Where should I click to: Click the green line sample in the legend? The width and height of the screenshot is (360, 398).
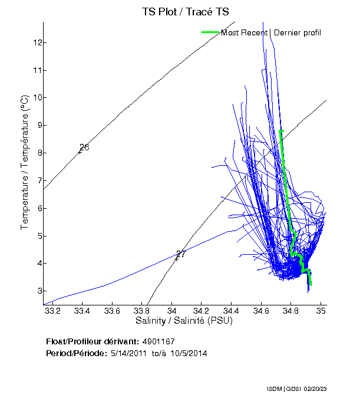point(210,32)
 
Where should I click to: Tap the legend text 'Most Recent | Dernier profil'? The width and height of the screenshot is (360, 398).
point(271,32)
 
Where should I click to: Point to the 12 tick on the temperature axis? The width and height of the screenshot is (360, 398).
point(37,42)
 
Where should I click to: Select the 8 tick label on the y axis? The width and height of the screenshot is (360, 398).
point(37,153)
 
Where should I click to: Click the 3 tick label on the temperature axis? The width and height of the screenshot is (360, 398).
point(37,291)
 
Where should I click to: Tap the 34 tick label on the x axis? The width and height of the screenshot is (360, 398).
point(171,310)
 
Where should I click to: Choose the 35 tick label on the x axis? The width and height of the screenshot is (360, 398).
point(321,310)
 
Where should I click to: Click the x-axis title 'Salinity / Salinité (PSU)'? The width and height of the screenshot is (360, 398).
point(184,321)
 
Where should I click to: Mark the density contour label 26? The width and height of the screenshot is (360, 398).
point(84,147)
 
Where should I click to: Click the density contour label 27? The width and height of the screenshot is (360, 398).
point(181,254)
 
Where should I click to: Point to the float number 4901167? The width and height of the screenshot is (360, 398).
point(158,341)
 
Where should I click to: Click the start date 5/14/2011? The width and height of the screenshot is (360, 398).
point(129,353)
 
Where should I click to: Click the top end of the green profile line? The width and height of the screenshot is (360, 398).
point(281,131)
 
